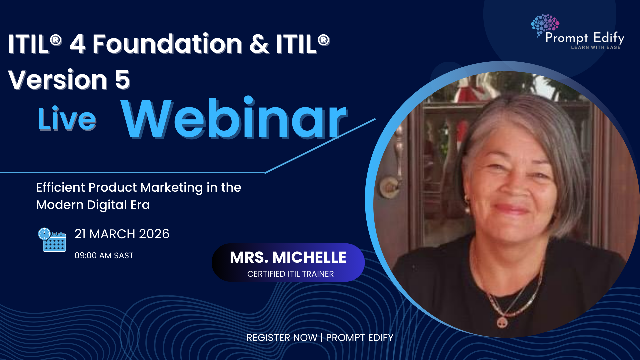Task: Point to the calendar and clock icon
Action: point(52,240)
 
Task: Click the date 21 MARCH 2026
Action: point(122,234)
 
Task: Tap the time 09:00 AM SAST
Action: point(104,256)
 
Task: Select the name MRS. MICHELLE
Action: point(288,257)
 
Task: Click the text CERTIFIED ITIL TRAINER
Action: point(290,274)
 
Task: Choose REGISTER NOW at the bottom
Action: point(282,338)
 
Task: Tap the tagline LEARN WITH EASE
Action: point(596,47)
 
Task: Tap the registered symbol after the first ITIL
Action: point(56,40)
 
